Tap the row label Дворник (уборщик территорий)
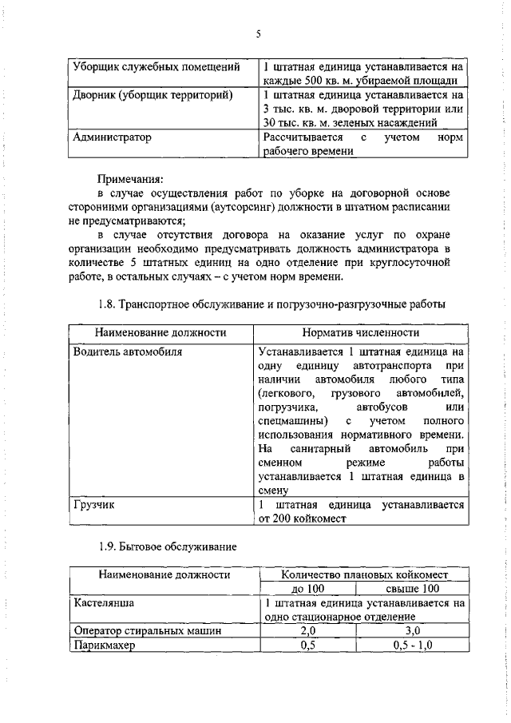pos(153,95)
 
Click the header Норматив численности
pos(361,332)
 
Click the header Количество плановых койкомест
pos(364,574)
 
